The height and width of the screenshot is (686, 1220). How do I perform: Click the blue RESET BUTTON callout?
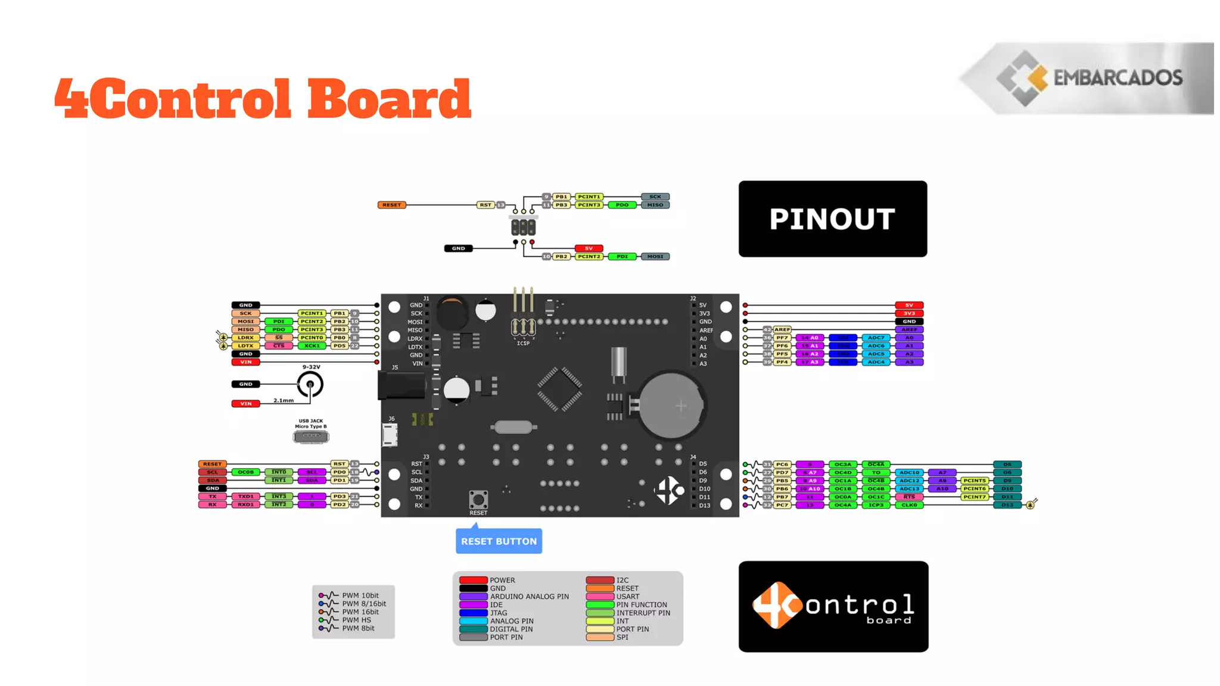point(499,541)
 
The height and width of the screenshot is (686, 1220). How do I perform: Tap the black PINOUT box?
point(832,219)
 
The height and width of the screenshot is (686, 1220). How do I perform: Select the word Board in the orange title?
point(389,99)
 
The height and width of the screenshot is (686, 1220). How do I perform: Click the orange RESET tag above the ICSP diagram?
point(391,205)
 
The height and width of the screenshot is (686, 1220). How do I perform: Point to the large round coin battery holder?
point(671,406)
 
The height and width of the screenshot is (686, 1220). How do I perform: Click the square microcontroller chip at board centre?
point(559,389)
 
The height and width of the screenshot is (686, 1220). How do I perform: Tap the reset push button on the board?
point(478,499)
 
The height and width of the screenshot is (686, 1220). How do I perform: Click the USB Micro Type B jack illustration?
point(311,437)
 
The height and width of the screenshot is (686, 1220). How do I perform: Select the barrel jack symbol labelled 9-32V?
point(310,384)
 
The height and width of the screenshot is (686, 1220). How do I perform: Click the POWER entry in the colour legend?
point(502,580)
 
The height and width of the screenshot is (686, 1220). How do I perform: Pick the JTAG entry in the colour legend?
point(498,613)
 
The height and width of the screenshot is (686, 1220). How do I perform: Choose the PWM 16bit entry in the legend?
point(360,612)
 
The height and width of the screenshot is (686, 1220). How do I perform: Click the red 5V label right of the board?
point(909,305)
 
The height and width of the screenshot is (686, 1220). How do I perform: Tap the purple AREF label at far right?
point(909,329)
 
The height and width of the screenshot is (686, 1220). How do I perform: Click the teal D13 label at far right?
point(1007,505)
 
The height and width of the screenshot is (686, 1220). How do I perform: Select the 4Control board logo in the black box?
point(833,606)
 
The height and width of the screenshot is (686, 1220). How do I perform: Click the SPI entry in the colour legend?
point(622,637)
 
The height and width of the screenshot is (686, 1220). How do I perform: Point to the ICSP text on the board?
point(523,344)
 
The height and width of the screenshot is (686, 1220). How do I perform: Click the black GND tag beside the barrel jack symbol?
point(245,384)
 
